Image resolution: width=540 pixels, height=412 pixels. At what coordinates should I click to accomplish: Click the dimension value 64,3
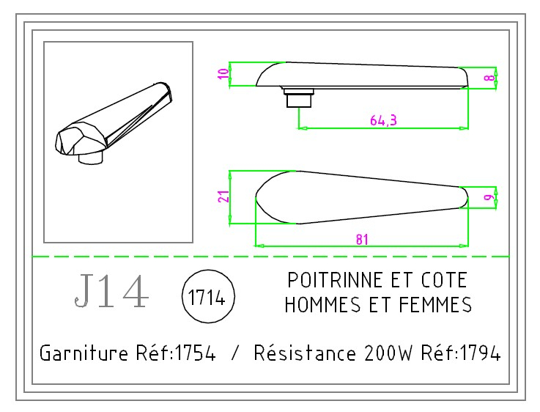pyautogui.click(x=383, y=121)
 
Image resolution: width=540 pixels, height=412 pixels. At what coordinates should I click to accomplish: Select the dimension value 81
pyautogui.click(x=360, y=239)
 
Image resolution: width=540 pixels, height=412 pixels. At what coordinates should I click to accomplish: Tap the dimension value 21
pyautogui.click(x=225, y=196)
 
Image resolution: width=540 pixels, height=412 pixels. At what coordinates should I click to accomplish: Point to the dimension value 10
pyautogui.click(x=224, y=74)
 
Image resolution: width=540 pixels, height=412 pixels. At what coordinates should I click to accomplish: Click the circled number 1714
pyautogui.click(x=207, y=300)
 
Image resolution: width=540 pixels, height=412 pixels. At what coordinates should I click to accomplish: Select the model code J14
pyautogui.click(x=111, y=292)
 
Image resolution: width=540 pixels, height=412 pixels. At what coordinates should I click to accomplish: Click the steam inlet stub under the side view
pyautogui.click(x=298, y=97)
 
